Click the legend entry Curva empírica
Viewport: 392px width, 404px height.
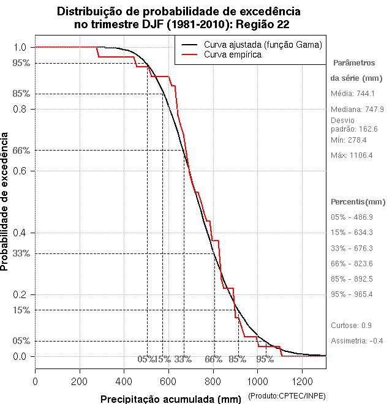click(233, 54)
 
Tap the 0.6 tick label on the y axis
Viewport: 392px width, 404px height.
click(20, 171)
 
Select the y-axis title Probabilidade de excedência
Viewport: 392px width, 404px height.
click(6, 202)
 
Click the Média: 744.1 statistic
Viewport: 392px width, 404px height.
click(352, 94)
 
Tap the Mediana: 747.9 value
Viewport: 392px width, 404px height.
click(357, 109)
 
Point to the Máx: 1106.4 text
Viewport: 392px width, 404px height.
click(352, 155)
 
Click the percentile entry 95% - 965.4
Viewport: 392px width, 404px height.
click(352, 294)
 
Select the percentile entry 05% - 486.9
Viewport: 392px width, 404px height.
click(352, 217)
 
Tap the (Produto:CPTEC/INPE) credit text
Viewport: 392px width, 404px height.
click(287, 397)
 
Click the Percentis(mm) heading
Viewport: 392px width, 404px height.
click(358, 202)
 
